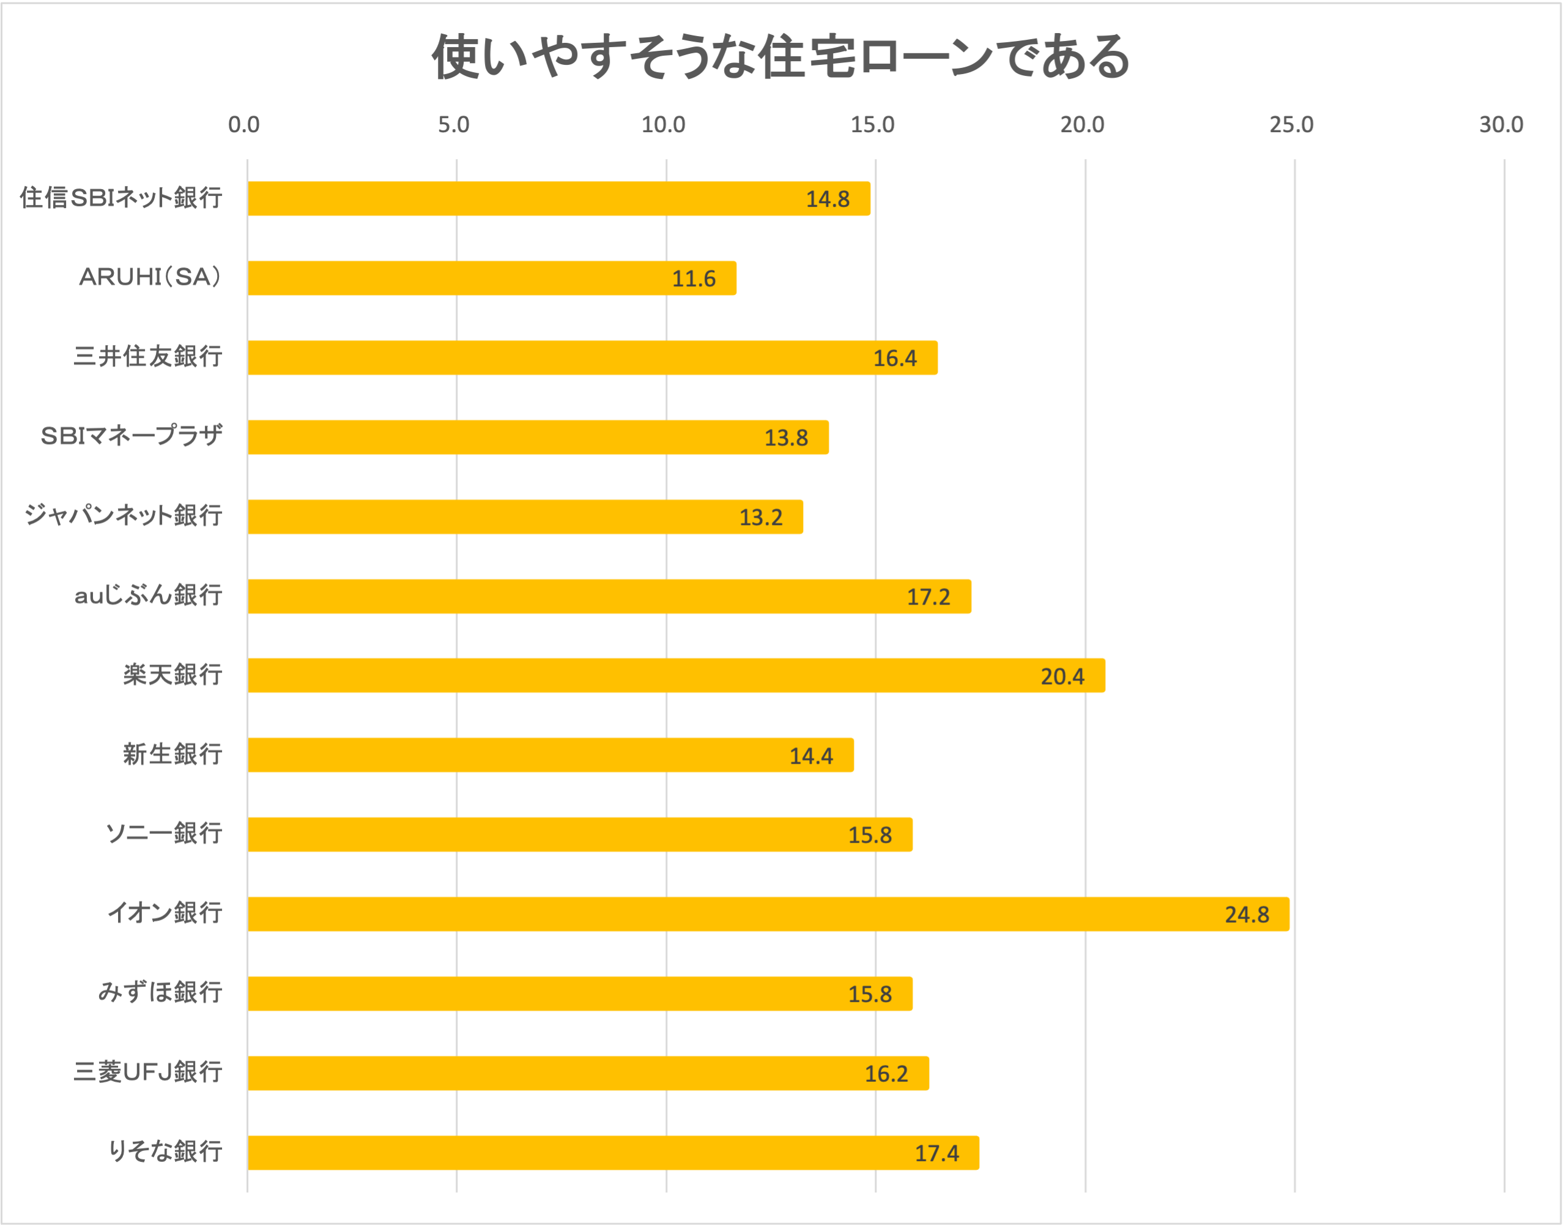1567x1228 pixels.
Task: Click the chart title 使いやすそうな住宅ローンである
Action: point(781,57)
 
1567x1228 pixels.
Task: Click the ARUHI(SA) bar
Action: point(492,278)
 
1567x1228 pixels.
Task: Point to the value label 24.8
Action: point(1247,915)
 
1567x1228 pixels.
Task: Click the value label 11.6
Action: point(694,279)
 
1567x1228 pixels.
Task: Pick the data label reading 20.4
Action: point(1062,677)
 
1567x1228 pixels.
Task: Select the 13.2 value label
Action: point(760,518)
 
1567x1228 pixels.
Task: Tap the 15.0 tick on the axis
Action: point(873,125)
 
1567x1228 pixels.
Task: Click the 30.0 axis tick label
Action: point(1501,125)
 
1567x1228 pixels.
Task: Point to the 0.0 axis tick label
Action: point(243,125)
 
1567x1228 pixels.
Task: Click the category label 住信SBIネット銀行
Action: point(120,198)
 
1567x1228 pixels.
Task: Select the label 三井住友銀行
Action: point(147,357)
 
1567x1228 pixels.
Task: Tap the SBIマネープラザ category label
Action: point(132,436)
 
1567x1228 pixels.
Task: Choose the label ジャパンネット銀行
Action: point(123,516)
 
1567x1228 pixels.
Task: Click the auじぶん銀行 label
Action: point(148,595)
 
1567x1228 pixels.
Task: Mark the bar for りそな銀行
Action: point(612,1153)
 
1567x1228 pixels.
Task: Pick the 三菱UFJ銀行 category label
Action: point(147,1072)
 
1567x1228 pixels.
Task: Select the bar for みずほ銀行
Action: point(579,994)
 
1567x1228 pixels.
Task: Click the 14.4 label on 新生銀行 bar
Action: point(811,756)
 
